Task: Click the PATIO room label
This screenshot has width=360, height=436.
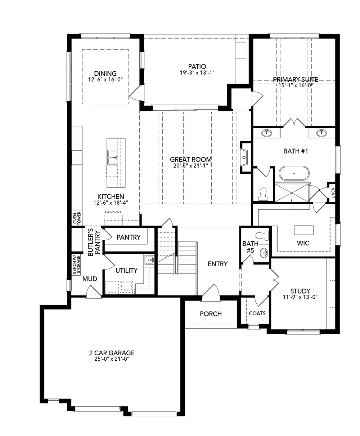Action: tap(197, 67)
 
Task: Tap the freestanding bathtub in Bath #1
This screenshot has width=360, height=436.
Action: tap(294, 173)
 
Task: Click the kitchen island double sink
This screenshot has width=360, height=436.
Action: tap(112, 157)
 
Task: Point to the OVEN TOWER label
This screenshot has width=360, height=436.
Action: tap(77, 218)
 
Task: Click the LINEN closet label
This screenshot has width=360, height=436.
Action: tap(333, 193)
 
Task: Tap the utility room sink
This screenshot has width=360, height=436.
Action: tap(149, 260)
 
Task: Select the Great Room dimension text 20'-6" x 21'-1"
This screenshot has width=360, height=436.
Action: tap(191, 166)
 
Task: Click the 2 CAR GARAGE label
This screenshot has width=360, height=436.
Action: tap(112, 353)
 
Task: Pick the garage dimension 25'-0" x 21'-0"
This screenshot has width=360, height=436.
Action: tap(112, 359)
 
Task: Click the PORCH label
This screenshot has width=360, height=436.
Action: tap(211, 314)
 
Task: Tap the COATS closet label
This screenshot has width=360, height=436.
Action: tap(257, 313)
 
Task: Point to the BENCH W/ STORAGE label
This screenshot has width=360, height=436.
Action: tap(76, 265)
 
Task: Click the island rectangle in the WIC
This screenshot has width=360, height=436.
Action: tap(303, 230)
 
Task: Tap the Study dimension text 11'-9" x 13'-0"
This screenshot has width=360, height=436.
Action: tap(300, 297)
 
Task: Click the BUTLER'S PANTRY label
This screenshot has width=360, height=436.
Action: tap(94, 242)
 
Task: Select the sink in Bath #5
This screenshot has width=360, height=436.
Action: tap(264, 253)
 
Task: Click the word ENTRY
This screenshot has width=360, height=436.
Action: tap(217, 264)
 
